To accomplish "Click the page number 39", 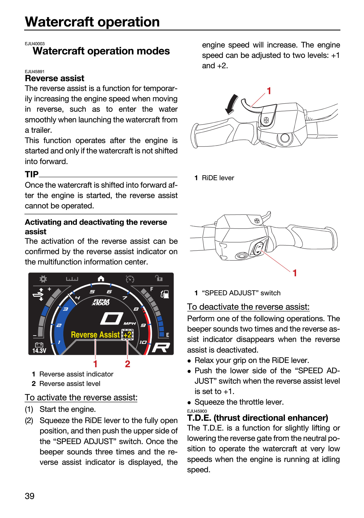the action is point(30,496).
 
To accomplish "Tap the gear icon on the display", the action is point(43,279).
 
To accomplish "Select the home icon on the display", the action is point(101,279).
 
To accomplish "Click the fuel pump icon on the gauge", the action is point(165,294).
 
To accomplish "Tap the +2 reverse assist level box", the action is point(127,335).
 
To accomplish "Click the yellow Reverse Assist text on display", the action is point(95,335).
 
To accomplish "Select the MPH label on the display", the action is point(129,323).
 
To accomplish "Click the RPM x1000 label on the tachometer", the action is point(101,302).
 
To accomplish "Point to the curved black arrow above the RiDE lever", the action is point(231,104).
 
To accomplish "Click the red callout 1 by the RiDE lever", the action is point(269,91).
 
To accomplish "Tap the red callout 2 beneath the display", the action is point(127,364).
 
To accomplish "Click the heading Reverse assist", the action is point(55,78).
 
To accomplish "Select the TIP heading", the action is point(32,174).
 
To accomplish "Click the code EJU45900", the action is point(197,411).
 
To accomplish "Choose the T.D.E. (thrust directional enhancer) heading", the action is point(258,418).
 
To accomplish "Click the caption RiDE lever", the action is point(218,178).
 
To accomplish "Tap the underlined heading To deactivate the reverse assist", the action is point(248,307).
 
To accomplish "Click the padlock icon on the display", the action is point(159,278).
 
